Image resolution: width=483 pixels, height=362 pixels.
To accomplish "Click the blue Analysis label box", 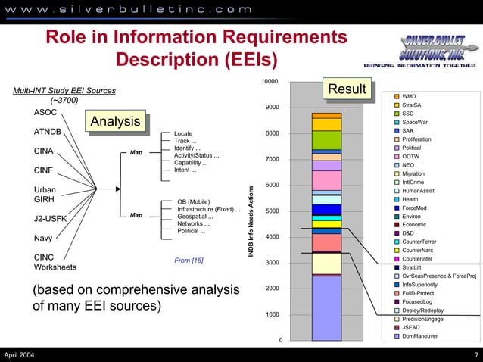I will click(x=116, y=122).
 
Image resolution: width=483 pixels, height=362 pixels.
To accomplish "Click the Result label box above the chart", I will click(x=347, y=90).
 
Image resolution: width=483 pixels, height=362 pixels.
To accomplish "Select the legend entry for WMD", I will click(x=409, y=97).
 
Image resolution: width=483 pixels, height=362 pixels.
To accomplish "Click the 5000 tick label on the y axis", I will click(x=272, y=211).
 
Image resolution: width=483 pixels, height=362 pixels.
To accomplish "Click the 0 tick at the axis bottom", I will click(x=280, y=339).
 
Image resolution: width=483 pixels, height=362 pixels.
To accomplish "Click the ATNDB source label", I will click(x=49, y=132).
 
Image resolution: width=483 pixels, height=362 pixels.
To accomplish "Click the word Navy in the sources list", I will click(x=44, y=239).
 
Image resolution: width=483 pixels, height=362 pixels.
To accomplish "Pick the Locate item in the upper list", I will click(x=183, y=133).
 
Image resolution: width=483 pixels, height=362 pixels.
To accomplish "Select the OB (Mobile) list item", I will click(x=193, y=201).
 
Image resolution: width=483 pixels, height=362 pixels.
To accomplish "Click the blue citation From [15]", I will click(x=189, y=261).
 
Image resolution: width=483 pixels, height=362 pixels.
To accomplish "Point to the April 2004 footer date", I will click(x=19, y=355).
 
